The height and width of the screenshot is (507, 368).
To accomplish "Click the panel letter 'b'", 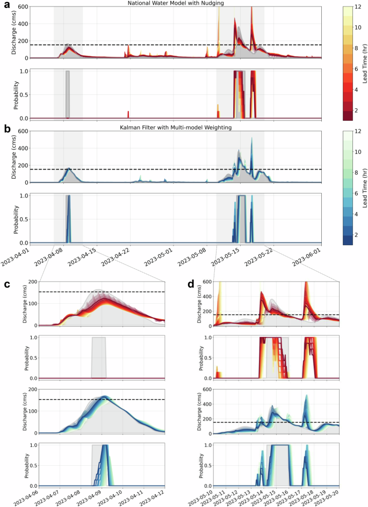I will [x=6, y=129].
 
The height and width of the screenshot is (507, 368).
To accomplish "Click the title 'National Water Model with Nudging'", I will [x=175, y=4].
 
